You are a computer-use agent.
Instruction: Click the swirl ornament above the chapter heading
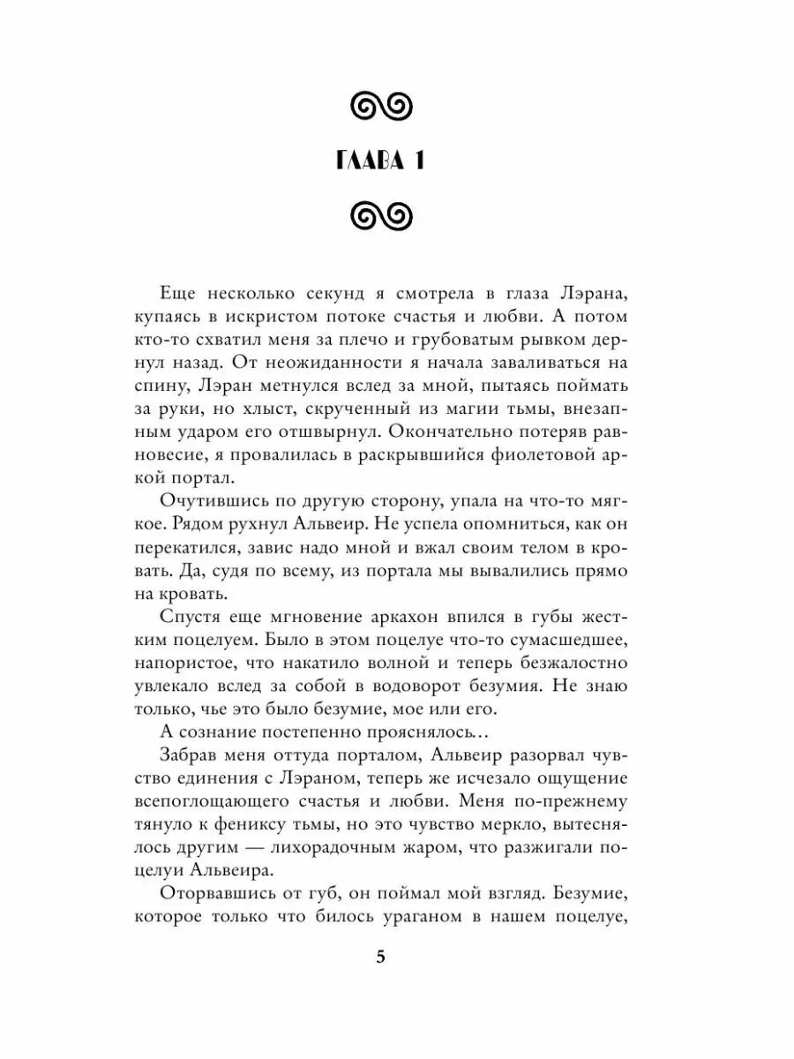381,108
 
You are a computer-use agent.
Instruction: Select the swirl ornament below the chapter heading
381,214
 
